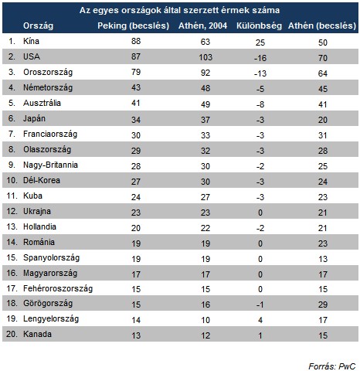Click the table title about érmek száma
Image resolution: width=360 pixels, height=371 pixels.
[179, 10]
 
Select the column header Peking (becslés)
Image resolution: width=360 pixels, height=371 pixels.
[133, 26]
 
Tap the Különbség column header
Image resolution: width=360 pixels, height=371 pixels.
[259, 26]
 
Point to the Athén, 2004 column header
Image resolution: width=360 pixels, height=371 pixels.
[202, 26]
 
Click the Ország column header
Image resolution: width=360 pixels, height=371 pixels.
[38, 26]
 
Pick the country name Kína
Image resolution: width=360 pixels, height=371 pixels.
[31, 41]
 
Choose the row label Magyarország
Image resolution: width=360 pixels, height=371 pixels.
[50, 273]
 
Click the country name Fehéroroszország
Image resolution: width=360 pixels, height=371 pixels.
[58, 288]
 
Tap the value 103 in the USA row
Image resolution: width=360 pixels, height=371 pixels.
[205, 57]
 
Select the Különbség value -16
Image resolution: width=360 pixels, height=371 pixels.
[260, 58]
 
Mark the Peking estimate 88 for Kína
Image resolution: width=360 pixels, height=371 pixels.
[136, 41]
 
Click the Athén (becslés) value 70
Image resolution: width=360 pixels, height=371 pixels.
[323, 58]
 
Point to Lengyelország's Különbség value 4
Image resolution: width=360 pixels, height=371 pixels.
[260, 320]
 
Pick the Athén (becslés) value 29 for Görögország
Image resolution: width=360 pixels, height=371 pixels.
[323, 305]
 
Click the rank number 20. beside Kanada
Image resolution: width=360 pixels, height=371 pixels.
[12, 334]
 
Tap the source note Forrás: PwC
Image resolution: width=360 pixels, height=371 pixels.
[332, 366]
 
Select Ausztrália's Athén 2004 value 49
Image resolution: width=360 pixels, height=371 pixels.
[205, 104]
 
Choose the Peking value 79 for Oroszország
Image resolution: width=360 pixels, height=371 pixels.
[136, 72]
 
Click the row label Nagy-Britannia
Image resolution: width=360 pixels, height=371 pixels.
[50, 165]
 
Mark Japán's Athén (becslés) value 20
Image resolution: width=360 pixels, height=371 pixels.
[323, 120]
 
